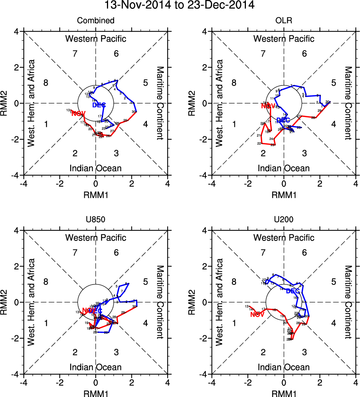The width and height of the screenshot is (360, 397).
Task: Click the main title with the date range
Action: point(180,5)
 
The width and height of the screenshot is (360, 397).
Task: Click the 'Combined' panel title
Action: point(95,21)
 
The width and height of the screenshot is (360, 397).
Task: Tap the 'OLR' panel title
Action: point(284,21)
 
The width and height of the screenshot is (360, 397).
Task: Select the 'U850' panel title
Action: point(95,220)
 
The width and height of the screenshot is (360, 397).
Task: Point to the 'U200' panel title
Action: point(284,220)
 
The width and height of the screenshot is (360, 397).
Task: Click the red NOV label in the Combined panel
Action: point(78,114)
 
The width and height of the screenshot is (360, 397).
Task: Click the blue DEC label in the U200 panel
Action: point(293,291)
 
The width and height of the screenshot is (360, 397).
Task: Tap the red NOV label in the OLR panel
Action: point(268,106)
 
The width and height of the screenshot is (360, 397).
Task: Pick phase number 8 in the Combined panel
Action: point(46,83)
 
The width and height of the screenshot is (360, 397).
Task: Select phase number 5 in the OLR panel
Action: point(333,83)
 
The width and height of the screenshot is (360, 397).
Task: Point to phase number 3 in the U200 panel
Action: point(304,352)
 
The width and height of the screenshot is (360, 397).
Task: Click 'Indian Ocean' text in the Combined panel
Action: point(96,168)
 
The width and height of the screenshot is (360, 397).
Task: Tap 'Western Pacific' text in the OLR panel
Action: point(284,38)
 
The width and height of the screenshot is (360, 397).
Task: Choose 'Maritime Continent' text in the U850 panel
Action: point(160,302)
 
